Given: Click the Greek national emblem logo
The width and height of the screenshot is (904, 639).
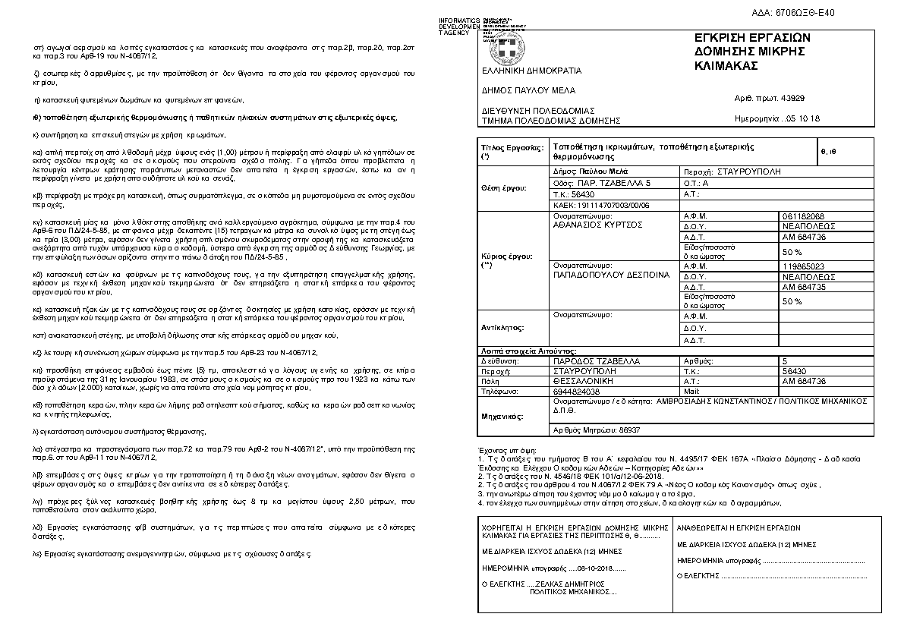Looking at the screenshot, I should [x=502, y=49].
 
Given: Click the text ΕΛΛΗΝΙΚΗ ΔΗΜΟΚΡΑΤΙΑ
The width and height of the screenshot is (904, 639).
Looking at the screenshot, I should [x=515, y=71].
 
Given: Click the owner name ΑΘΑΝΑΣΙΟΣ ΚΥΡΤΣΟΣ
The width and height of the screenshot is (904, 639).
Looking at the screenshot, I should [x=597, y=225].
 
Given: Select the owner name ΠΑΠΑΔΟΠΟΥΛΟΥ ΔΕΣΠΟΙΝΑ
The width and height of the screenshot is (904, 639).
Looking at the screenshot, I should [x=612, y=275].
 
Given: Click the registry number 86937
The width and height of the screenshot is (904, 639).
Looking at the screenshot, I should [x=625, y=430].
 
